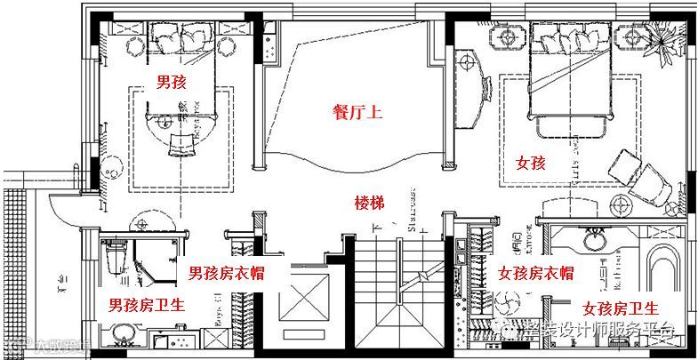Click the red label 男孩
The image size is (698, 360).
coord(171,83)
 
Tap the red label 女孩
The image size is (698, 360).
coord(530,163)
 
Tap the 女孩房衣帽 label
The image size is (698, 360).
coord(535,272)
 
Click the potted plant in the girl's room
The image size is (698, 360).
coord(661,40)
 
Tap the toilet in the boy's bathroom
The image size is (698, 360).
coord(113,258)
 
